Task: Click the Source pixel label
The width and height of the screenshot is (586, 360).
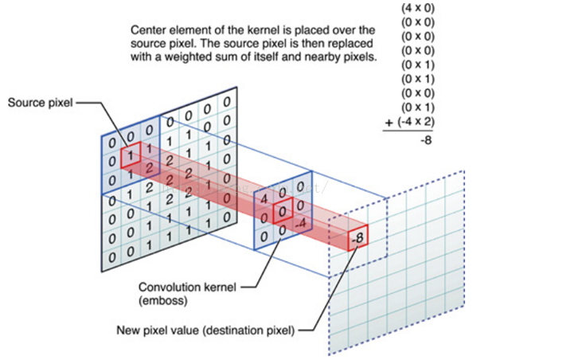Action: tap(39, 103)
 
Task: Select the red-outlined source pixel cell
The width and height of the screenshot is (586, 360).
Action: tap(128, 154)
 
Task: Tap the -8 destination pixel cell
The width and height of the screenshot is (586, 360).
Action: tap(358, 237)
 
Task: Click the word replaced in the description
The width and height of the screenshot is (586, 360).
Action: tap(345, 45)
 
